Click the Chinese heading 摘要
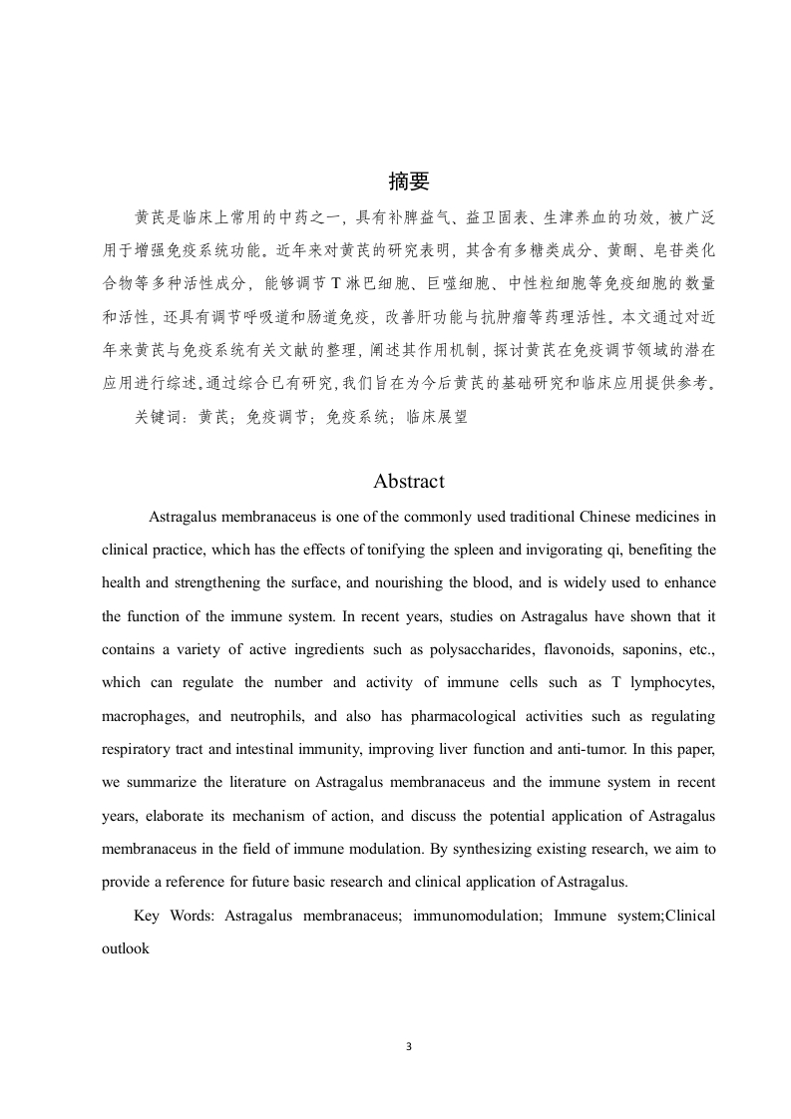(x=408, y=181)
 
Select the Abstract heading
(x=408, y=481)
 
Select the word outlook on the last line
(x=125, y=948)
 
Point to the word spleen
(x=481, y=550)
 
